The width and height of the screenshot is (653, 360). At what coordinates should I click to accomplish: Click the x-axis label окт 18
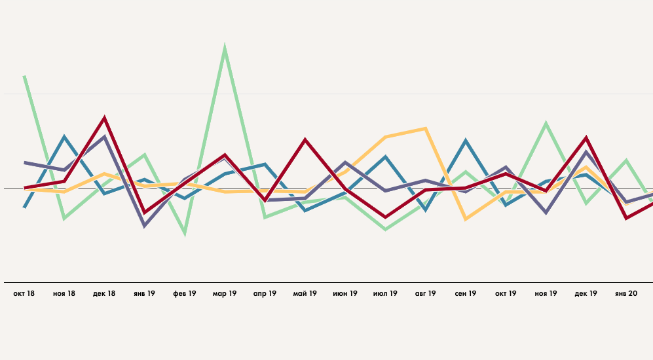point(24,294)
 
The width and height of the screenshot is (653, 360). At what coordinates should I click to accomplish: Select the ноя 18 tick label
point(64,294)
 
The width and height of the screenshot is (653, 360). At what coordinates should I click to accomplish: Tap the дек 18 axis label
point(104,294)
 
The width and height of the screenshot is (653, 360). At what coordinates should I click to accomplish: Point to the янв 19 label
point(144,294)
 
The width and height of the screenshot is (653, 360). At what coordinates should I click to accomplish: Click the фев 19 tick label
point(185,294)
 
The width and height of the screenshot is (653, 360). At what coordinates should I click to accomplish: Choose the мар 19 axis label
point(225,294)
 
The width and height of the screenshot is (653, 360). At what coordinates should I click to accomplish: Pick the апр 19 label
point(265,294)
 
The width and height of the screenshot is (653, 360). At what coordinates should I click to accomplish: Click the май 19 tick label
point(305,294)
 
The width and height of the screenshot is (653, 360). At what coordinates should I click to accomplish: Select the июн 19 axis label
point(345,294)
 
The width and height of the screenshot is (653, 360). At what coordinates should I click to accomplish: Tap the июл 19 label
point(385,294)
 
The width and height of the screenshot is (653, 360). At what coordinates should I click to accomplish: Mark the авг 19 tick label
point(425,294)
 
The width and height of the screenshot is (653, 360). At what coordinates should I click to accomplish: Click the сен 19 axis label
point(466,294)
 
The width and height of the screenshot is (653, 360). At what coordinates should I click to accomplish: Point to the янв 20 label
point(626,294)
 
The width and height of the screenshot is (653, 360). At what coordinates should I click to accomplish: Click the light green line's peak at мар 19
point(225,48)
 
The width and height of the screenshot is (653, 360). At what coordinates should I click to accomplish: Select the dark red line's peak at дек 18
point(104,118)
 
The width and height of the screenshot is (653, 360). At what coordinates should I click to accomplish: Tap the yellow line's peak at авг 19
point(426,128)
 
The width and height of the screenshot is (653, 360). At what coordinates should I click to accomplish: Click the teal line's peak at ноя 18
point(64,137)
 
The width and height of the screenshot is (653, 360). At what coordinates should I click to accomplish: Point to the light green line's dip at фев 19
point(185,232)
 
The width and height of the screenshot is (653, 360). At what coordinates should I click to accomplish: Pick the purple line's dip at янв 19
point(144,226)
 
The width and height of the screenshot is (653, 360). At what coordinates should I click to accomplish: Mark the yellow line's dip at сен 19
point(466,219)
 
